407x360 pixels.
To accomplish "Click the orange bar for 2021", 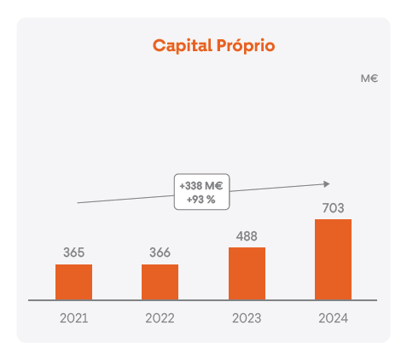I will (x=73, y=282).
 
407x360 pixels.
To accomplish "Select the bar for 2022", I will (x=160, y=282).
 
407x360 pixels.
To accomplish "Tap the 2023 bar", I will (x=247, y=273).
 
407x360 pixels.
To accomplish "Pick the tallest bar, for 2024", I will (x=333, y=259).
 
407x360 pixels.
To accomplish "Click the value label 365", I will (x=73, y=253).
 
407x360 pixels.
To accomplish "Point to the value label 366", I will (x=160, y=253).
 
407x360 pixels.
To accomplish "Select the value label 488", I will (x=247, y=235).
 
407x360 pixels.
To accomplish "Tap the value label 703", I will (x=333, y=207).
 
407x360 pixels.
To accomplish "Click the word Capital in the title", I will (x=180, y=45).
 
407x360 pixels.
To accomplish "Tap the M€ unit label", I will (x=369, y=78).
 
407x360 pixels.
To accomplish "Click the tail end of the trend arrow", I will (x=78, y=202).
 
